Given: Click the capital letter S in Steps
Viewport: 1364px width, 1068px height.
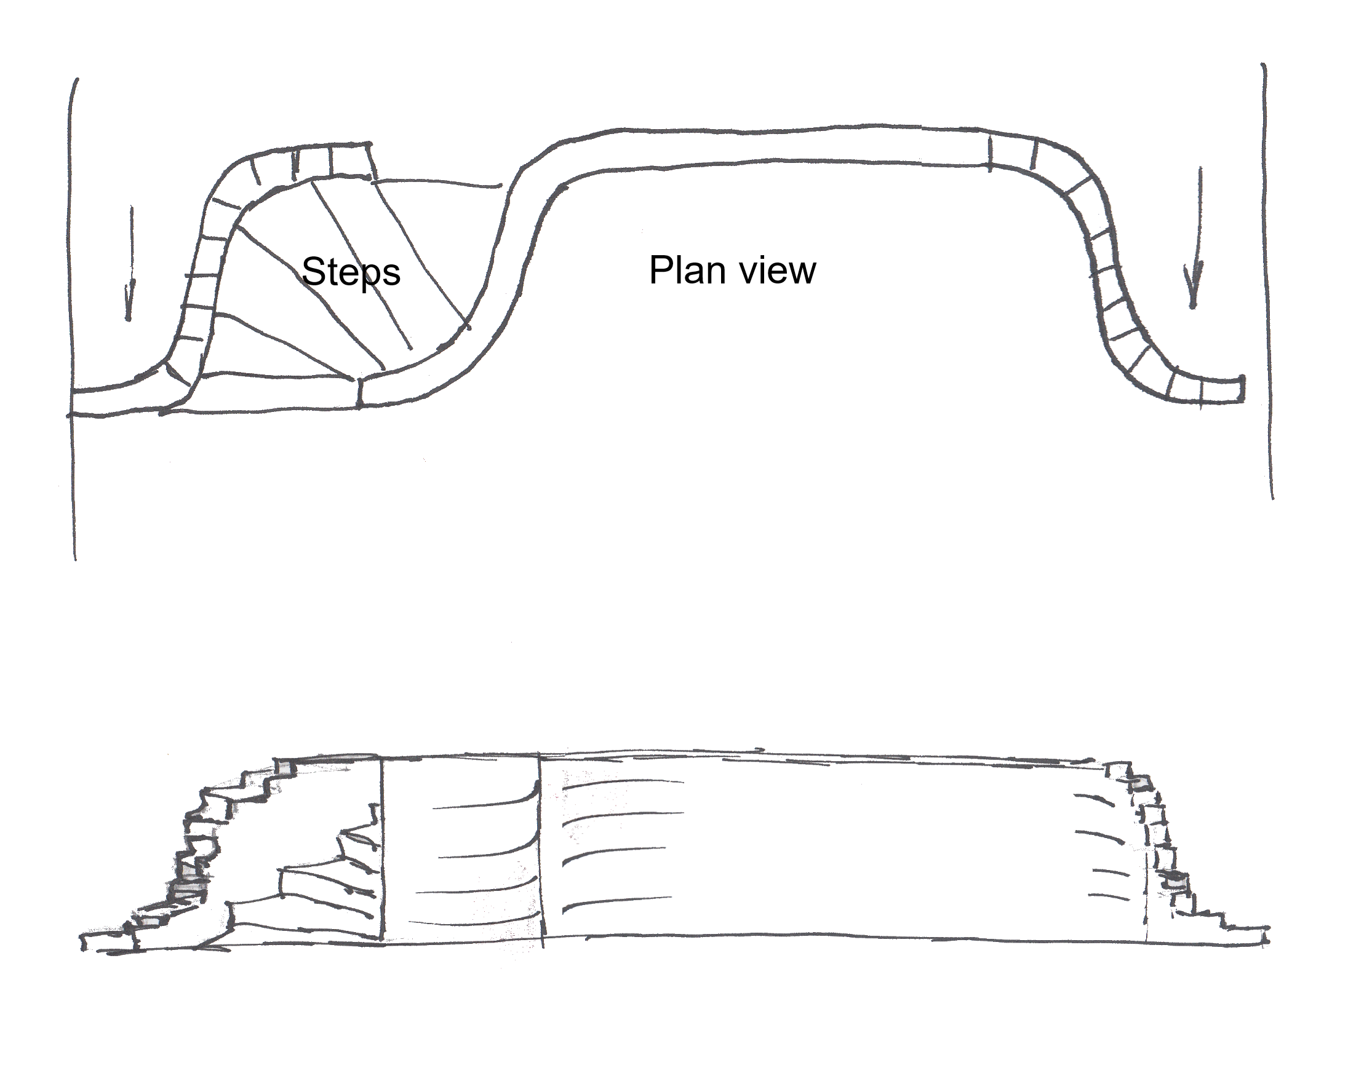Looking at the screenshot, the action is pyautogui.click(x=314, y=271).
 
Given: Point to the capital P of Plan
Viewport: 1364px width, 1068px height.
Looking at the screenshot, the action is pyautogui.click(x=661, y=269).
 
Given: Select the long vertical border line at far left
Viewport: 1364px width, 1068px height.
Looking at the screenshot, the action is pyautogui.click(x=74, y=319).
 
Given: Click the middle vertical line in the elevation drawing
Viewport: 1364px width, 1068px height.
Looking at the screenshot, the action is pyautogui.click(x=541, y=850).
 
